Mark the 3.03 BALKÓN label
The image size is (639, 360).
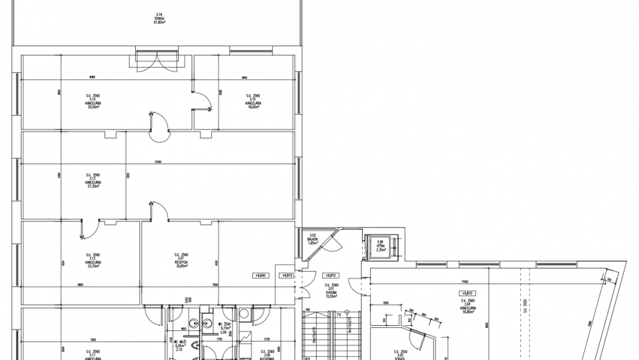312,239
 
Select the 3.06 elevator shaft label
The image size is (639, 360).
380,246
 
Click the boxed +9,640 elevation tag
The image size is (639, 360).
261,275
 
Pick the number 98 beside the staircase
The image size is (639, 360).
307,309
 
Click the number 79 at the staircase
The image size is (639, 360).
338,315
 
